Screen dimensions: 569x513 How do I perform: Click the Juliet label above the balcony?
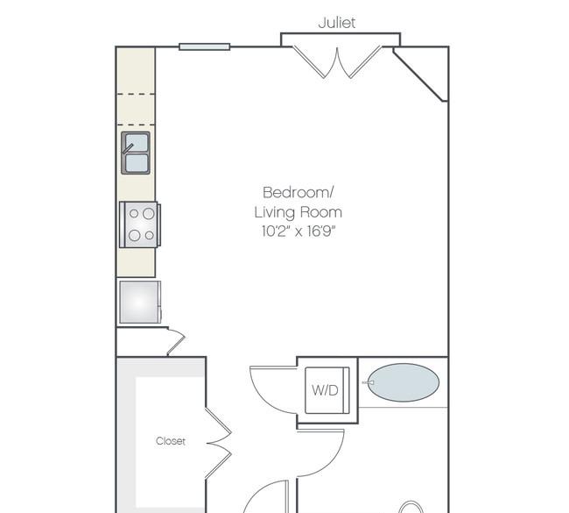click(x=337, y=23)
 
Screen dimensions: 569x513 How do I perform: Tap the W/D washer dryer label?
click(x=325, y=390)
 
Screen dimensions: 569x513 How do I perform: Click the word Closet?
click(x=171, y=441)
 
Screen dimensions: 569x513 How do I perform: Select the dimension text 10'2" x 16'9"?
click(x=299, y=232)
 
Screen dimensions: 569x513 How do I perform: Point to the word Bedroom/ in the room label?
click(x=298, y=192)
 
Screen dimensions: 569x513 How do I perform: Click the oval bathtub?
click(x=404, y=382)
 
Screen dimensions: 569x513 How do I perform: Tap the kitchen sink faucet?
click(x=128, y=149)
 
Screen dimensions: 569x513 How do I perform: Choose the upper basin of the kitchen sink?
click(x=137, y=142)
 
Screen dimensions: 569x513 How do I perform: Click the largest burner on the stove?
click(x=149, y=213)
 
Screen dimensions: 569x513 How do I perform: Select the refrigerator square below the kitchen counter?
click(x=139, y=303)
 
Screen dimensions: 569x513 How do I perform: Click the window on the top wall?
click(x=205, y=46)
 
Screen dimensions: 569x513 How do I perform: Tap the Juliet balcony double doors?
click(x=337, y=61)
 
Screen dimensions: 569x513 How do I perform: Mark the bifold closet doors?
click(x=219, y=443)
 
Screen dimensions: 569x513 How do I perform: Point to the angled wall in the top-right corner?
click(x=420, y=75)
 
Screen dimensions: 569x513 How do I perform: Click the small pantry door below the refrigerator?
click(x=176, y=342)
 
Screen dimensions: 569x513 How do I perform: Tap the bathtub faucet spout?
click(x=368, y=382)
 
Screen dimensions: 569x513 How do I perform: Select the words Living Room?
click(x=299, y=212)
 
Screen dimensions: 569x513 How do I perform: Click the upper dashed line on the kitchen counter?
click(x=136, y=94)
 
